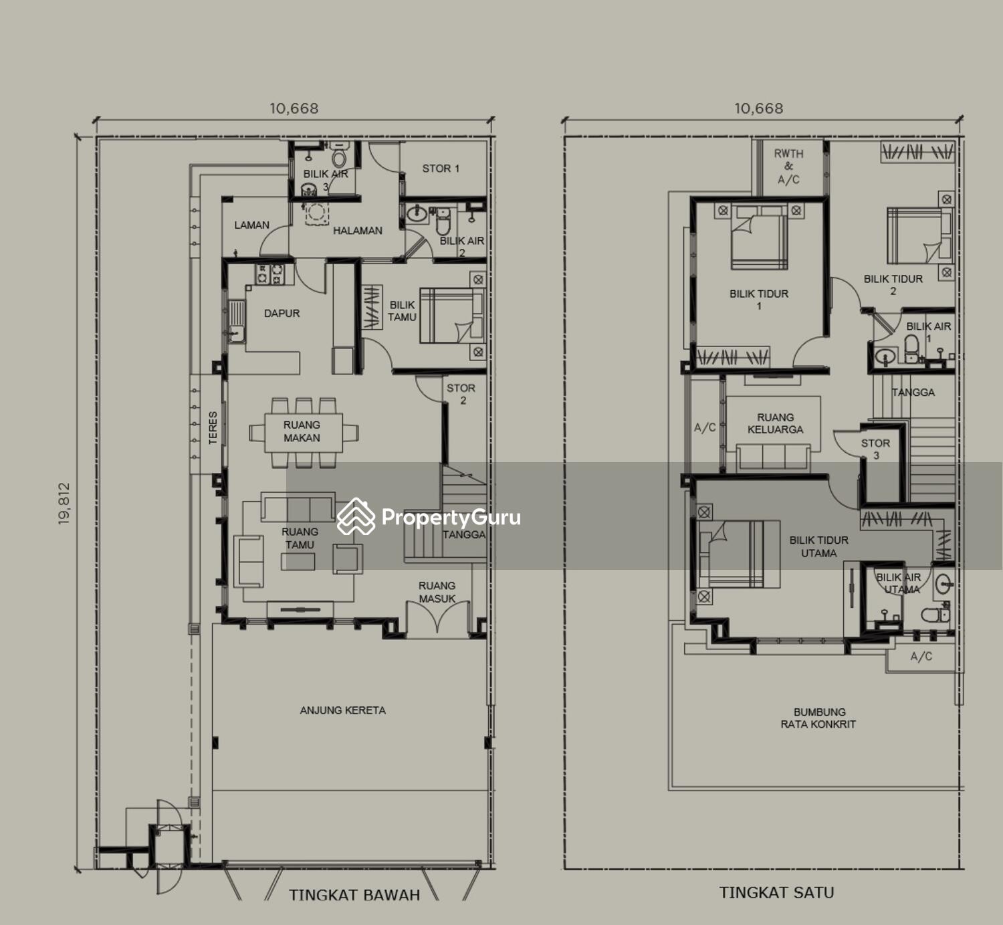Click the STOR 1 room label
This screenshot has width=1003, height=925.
[x=441, y=169]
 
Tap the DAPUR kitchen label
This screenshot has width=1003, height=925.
[x=282, y=313]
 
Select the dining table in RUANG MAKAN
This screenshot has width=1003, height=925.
[x=304, y=433]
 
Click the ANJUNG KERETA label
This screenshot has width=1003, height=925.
[x=343, y=710]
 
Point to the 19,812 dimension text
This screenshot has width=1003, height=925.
[x=64, y=504]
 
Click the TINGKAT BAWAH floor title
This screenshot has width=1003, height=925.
[x=354, y=895]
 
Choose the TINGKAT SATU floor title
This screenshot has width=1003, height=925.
[x=777, y=893]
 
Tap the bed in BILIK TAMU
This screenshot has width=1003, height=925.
[x=451, y=316]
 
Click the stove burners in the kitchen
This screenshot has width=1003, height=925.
[x=269, y=274]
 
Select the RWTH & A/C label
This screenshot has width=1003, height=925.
[x=788, y=167]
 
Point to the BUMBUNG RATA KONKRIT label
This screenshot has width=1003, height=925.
[x=818, y=718]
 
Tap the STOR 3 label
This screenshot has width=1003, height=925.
[x=876, y=449]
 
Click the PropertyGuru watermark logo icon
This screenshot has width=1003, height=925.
[x=356, y=516]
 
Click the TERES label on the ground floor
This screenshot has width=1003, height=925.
[x=213, y=428]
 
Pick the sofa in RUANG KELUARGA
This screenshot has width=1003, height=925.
[x=773, y=457]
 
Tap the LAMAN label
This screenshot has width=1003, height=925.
[x=251, y=225]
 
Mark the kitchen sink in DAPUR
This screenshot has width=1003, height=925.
[x=236, y=321]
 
